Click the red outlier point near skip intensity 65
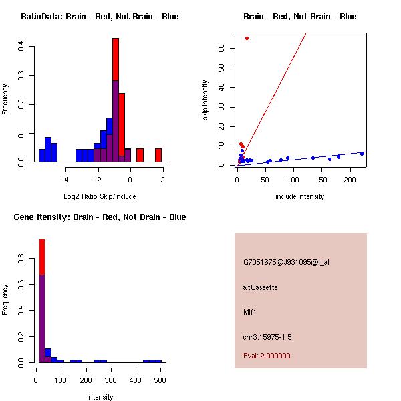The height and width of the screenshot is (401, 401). [x=247, y=38]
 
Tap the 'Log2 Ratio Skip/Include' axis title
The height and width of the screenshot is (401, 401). [x=100, y=196]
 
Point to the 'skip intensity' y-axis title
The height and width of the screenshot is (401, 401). [x=205, y=100]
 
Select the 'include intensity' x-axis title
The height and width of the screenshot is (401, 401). [x=300, y=196]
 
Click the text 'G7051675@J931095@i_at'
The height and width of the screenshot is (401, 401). [x=286, y=262]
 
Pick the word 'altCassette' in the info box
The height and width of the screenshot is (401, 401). [x=260, y=287]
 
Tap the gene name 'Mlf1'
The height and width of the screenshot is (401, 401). [x=251, y=311]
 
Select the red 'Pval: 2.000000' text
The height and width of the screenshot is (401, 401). [x=267, y=356]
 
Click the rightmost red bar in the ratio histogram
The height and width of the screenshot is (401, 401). [x=158, y=155]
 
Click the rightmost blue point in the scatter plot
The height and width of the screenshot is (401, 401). [x=362, y=154]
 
